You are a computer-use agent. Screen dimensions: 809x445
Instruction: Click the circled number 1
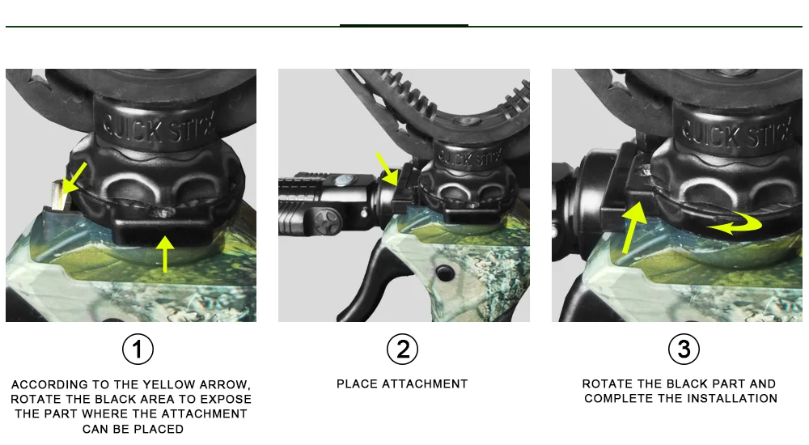click(138, 350)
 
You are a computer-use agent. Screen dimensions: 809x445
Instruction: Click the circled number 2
click(402, 350)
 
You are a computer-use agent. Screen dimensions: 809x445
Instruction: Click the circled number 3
click(684, 349)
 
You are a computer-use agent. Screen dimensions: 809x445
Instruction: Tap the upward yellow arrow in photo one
click(165, 253)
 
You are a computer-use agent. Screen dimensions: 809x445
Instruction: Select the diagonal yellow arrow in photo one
click(74, 178)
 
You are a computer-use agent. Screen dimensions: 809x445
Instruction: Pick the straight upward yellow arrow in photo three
click(634, 227)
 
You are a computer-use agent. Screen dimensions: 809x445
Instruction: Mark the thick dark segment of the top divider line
click(404, 25)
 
